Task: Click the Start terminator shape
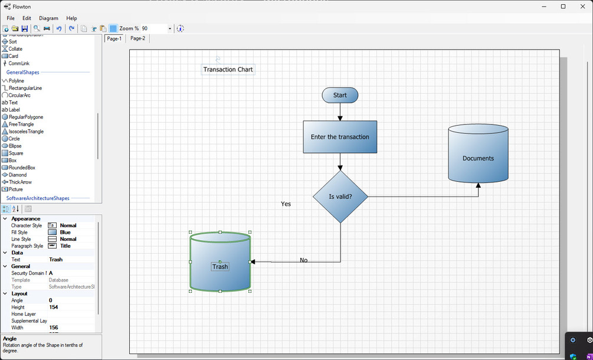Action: coord(340,95)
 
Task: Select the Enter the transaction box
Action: coord(340,137)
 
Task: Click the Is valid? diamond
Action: coord(340,197)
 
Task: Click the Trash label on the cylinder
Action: coord(220,267)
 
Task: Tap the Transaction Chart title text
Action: coord(228,70)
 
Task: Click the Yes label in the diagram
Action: coord(286,204)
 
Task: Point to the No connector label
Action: coord(303,260)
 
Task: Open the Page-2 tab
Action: coord(137,38)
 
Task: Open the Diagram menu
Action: coord(48,18)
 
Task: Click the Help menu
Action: coord(71,18)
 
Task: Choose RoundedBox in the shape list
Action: coord(22,168)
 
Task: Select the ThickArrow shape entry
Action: coord(21,182)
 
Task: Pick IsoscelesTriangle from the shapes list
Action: coord(26,132)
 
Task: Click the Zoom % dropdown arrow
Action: coord(170,28)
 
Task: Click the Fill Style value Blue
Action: coord(65,233)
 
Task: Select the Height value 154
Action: coord(54,307)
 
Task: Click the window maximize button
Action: coord(563,6)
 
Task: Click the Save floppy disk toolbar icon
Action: coord(25,28)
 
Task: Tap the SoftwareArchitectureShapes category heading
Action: coord(38,198)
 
